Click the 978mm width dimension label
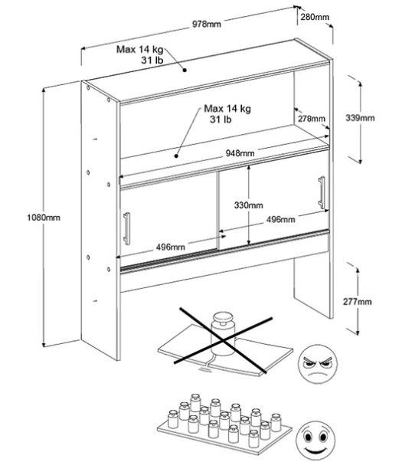pos(207,24)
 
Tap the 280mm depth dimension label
pos(315,17)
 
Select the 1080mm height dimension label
pos(44,218)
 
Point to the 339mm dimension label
pos(360,118)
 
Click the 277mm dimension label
pos(358,302)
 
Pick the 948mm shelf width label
pos(240,153)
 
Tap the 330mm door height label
pos(249,205)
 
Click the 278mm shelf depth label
pos(312,119)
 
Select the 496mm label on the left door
pos(171,247)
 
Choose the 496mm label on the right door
pos(281,220)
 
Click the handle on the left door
pos(126,228)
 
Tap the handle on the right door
pos(322,193)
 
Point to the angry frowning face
pos(318,364)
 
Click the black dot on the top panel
pos(185,70)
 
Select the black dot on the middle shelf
pos(177,156)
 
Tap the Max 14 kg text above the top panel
pos(139,49)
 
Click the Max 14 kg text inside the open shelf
pos(227,109)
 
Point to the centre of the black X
pos(224,341)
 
